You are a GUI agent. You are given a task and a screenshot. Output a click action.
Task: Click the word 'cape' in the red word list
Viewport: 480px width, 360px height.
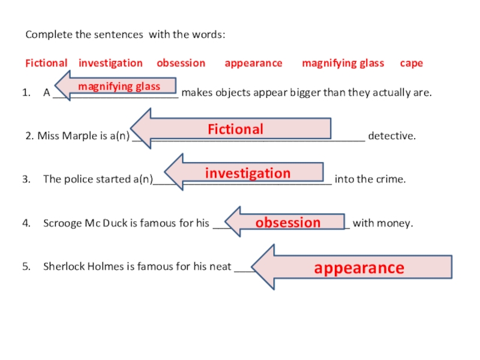[412, 63]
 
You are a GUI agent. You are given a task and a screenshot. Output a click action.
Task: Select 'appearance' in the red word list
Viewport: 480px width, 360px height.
[253, 63]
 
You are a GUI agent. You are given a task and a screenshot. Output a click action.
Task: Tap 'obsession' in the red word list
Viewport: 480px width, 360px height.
[181, 63]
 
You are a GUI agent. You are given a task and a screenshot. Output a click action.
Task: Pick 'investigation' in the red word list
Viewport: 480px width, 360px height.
[110, 63]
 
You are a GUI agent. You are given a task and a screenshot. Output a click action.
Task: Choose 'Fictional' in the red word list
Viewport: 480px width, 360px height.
[46, 63]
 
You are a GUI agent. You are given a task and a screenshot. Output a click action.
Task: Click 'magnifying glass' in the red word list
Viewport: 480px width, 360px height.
[343, 63]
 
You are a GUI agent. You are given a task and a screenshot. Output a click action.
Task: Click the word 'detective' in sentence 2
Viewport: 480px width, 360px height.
[391, 136]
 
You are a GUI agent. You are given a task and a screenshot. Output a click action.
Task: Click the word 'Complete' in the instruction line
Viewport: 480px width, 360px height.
[48, 35]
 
